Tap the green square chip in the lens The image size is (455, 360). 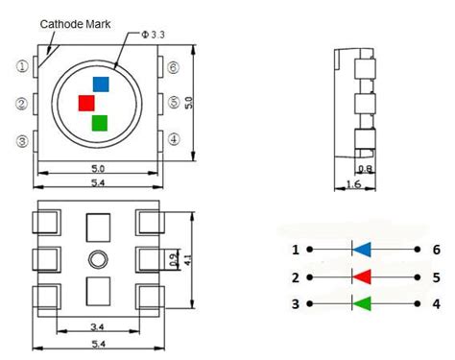click(x=99, y=122)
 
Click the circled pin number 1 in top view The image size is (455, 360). click(x=21, y=67)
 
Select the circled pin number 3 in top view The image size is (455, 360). click(x=21, y=141)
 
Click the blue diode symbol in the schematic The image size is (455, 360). click(x=361, y=250)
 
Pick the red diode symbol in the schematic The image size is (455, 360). click(x=361, y=277)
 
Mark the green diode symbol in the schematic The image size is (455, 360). click(x=361, y=305)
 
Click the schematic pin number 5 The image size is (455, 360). click(x=436, y=277)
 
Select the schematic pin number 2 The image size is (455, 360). click(x=296, y=277)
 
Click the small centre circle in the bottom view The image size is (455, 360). click(x=98, y=259)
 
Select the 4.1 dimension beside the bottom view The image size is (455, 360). click(x=190, y=259)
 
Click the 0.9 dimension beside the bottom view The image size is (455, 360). click(x=173, y=259)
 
